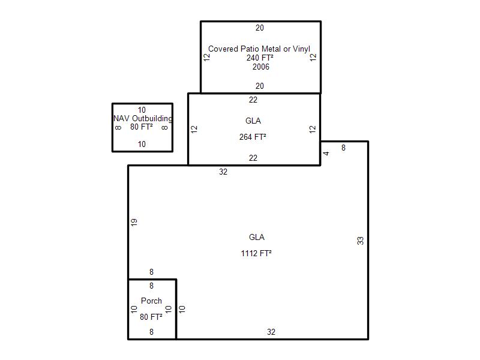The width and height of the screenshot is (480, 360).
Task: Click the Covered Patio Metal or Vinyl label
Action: (259, 49)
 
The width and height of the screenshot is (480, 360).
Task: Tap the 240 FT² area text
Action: (260, 58)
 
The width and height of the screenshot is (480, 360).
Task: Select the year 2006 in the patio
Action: (261, 67)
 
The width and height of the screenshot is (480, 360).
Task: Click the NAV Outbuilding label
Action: (143, 118)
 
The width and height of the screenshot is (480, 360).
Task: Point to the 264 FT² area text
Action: (253, 137)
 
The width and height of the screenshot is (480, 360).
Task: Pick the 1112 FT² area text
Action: (256, 253)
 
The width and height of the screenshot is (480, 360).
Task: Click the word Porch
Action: (151, 301)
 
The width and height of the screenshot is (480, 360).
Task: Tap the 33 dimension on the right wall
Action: (361, 241)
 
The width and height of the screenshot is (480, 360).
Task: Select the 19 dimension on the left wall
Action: (134, 222)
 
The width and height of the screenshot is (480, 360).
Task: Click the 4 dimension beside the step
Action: (326, 154)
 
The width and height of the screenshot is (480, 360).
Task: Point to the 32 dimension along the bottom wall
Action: (271, 332)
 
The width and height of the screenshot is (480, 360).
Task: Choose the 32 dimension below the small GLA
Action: (223, 172)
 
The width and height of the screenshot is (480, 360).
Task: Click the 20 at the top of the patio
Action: (260, 28)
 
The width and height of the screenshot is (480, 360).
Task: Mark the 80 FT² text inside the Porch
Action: (151, 317)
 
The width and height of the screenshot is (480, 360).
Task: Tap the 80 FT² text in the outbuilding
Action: (142, 127)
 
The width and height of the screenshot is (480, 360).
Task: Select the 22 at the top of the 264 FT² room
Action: (253, 100)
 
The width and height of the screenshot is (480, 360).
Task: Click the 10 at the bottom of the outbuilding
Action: (142, 144)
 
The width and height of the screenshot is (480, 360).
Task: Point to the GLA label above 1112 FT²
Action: (257, 237)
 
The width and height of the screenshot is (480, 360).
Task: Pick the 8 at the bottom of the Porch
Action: (151, 332)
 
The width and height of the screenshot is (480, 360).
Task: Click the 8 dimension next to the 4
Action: (343, 148)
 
